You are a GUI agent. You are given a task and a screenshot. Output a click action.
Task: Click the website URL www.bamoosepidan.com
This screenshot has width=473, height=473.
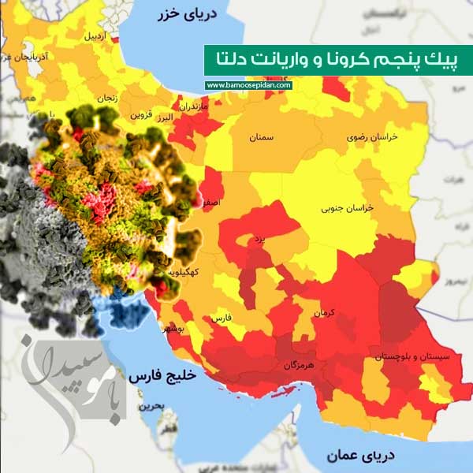click(x=248, y=85)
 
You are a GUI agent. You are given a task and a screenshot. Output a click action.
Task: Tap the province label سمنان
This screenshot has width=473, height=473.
click(x=263, y=137)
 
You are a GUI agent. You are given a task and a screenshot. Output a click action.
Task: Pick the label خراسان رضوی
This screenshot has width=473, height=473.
click(x=373, y=136)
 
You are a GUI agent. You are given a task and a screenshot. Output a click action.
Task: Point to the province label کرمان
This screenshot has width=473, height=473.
click(x=324, y=313)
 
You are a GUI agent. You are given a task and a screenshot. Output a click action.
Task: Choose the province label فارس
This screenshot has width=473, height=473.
click(x=221, y=318)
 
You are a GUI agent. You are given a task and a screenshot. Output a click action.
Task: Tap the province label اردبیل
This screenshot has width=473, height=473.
click(x=93, y=36)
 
